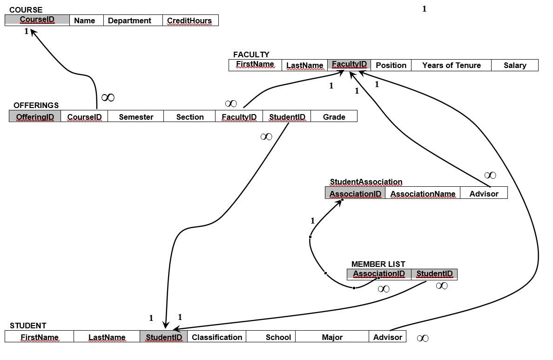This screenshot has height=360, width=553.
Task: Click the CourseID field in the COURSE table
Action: (x=37, y=20)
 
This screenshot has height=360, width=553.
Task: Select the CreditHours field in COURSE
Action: (x=189, y=20)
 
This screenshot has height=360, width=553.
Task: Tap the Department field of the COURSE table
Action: (x=129, y=20)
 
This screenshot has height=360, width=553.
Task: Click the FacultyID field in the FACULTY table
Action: (x=349, y=65)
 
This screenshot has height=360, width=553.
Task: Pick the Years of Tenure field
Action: (x=451, y=65)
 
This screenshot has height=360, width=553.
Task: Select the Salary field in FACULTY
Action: (x=515, y=65)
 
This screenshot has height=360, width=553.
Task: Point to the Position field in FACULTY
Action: (x=391, y=65)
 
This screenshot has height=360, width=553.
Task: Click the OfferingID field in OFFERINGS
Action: (x=35, y=117)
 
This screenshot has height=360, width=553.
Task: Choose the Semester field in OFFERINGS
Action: (x=136, y=117)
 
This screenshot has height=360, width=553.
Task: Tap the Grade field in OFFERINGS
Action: (x=334, y=117)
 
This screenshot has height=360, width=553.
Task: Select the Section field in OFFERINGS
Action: (x=190, y=117)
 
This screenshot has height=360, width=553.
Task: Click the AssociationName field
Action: (x=423, y=194)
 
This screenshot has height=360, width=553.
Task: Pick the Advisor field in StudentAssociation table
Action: (x=484, y=194)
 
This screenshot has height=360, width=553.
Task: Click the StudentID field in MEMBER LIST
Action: (x=434, y=274)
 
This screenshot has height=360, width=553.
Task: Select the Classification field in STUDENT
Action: (x=217, y=337)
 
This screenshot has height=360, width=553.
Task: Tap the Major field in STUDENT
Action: (x=332, y=337)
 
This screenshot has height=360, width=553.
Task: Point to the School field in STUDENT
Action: (x=278, y=337)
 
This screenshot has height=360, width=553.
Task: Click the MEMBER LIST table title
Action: (x=378, y=264)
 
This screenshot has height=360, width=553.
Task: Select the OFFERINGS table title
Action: (x=36, y=105)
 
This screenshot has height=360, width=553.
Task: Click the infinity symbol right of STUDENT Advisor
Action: (x=423, y=338)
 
